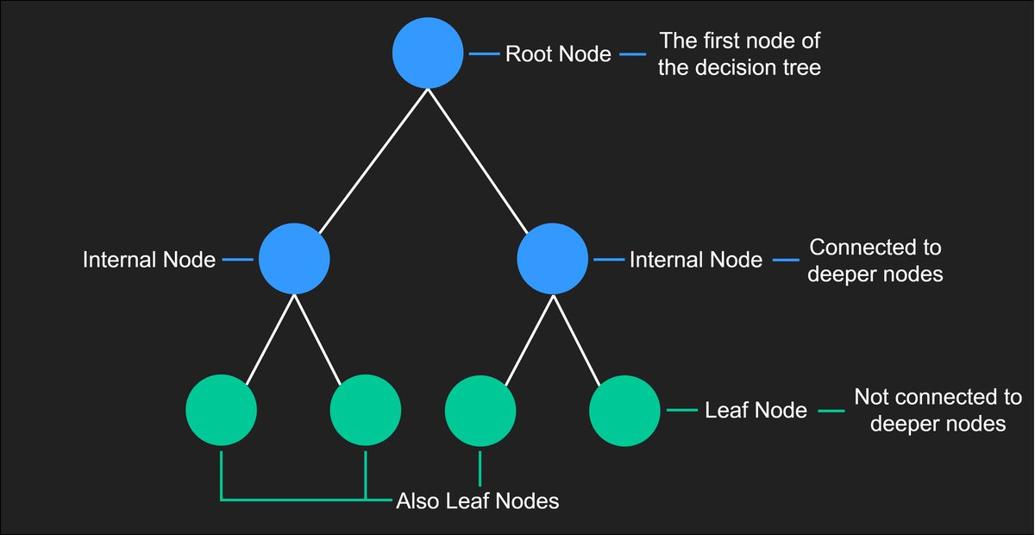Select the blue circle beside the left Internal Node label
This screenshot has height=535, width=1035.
pos(294,258)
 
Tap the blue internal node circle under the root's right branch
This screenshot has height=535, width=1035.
pos(553,258)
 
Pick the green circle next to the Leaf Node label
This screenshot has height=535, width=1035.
pos(625,410)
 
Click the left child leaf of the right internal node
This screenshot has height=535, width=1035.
pos(480,410)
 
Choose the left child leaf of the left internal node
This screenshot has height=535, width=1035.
pos(222,410)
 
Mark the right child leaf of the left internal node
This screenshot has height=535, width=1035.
pos(366,410)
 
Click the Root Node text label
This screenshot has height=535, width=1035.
pos(558,54)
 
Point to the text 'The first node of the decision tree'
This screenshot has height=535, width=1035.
pos(739,54)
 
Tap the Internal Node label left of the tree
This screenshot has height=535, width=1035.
pos(149,260)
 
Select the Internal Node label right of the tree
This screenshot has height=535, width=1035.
pos(696,260)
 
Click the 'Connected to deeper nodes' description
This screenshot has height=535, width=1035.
pos(875,261)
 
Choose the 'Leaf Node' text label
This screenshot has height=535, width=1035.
pos(756,411)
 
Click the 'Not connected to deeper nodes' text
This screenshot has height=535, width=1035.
pos(938,411)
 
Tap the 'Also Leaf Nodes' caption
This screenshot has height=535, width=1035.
pos(477,500)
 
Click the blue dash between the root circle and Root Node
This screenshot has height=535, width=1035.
pos(484,54)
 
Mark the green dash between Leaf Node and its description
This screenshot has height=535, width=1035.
pos(831,411)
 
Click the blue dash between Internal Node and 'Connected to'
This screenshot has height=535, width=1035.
pos(786,260)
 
